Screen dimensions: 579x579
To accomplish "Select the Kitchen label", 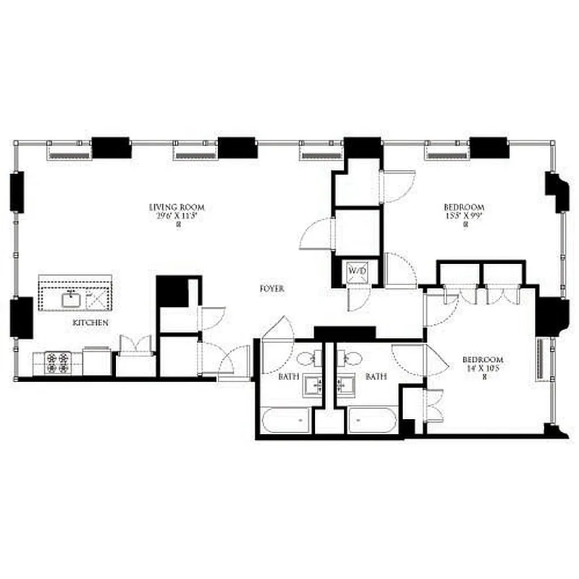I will (x=90, y=321).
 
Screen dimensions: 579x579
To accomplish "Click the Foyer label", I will (x=272, y=289).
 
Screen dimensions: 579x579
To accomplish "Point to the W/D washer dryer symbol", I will (x=358, y=271).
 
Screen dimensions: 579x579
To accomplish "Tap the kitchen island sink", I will (x=72, y=298).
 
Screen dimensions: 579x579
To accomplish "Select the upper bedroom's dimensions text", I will (x=463, y=215).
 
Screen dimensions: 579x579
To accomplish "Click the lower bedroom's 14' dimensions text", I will (x=483, y=368).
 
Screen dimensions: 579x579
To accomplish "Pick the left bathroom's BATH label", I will (x=289, y=377).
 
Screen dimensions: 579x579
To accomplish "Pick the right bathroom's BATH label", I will (x=375, y=377).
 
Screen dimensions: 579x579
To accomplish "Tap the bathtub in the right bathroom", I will (x=372, y=420).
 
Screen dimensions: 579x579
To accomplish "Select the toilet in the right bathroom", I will (x=354, y=356).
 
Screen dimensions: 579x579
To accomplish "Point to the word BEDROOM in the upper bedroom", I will (x=463, y=206).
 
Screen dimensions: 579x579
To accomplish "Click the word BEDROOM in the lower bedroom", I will (x=483, y=360).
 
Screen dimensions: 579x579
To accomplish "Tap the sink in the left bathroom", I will (x=313, y=385).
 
